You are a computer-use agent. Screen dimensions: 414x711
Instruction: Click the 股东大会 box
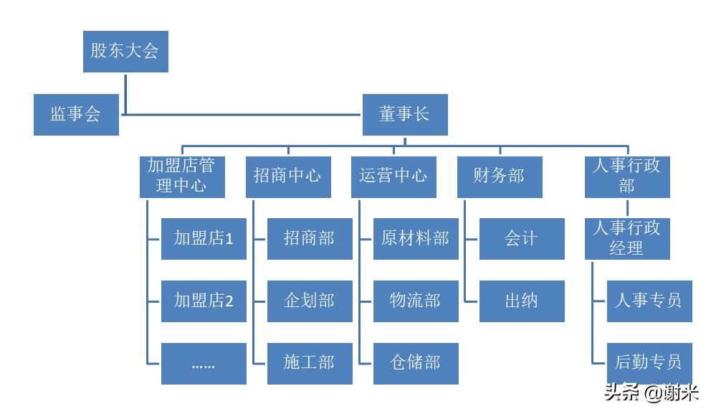coord(125,51)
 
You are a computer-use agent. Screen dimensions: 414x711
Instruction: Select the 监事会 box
coord(76,114)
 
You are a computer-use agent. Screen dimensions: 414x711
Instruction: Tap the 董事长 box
coord(405,114)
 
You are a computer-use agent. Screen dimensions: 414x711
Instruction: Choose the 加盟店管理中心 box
coord(182,177)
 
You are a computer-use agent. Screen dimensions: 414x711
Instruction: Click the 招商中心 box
coord(288,177)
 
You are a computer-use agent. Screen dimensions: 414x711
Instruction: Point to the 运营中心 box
coord(394,177)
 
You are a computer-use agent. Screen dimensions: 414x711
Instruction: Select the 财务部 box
coord(500,177)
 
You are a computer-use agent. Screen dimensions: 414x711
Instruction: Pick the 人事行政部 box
coord(627,177)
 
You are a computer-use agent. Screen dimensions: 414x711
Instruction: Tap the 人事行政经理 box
coord(627,239)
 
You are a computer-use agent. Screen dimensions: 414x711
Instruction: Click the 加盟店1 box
coord(204,239)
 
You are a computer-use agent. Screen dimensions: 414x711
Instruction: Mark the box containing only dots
coord(204,364)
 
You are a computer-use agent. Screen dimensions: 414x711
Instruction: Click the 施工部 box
coord(310,364)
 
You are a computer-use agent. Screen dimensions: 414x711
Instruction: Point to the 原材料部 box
coord(416,239)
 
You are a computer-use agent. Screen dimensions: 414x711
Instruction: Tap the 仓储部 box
coord(416,364)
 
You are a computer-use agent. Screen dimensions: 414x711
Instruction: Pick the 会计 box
coord(521,239)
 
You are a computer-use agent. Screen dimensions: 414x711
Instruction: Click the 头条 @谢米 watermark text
coord(652,393)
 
